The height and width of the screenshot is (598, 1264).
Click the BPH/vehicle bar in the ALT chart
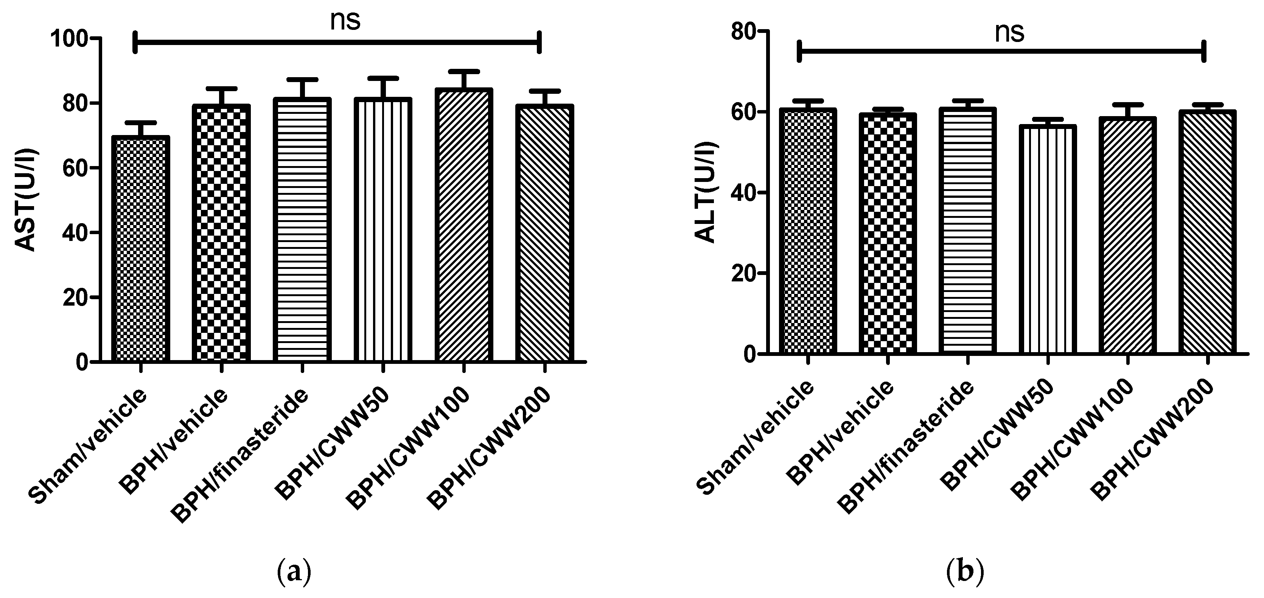tap(887, 233)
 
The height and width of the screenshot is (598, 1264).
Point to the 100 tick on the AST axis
tap(75, 38)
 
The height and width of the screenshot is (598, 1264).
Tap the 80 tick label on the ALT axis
tap(743, 31)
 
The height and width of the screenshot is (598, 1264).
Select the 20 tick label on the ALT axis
tap(743, 273)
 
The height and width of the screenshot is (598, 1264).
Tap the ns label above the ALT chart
tap(1010, 33)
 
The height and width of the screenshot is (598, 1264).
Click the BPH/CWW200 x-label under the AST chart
tap(488, 446)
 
